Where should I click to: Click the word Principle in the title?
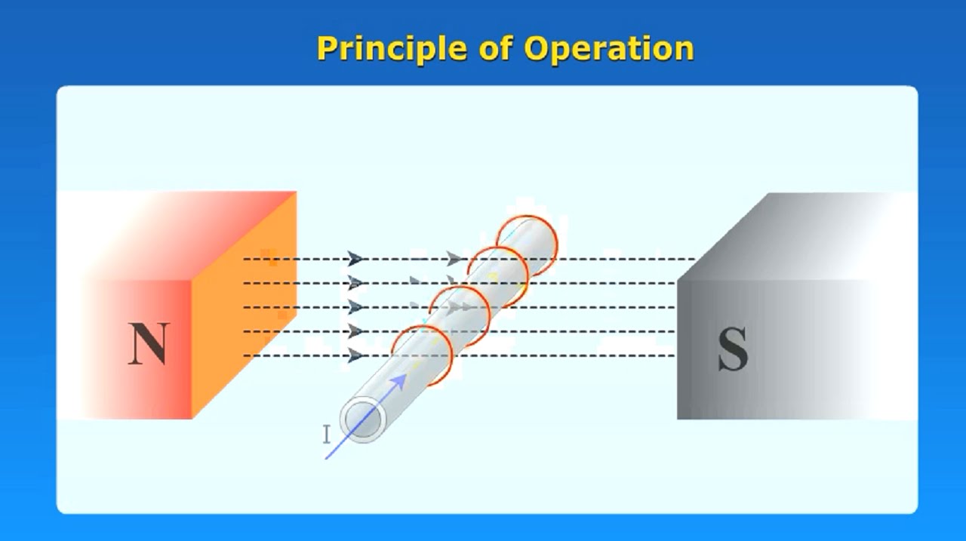click(x=392, y=49)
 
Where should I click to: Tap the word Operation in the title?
click(x=609, y=49)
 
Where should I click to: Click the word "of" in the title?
click(x=495, y=49)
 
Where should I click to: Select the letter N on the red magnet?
click(x=148, y=345)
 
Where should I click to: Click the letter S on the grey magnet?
click(x=732, y=349)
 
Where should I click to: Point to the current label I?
click(x=326, y=435)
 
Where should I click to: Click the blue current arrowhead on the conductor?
click(x=398, y=380)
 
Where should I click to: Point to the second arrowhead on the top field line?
click(x=454, y=259)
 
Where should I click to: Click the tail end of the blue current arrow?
click(x=326, y=458)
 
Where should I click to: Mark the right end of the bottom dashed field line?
click(x=673, y=355)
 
